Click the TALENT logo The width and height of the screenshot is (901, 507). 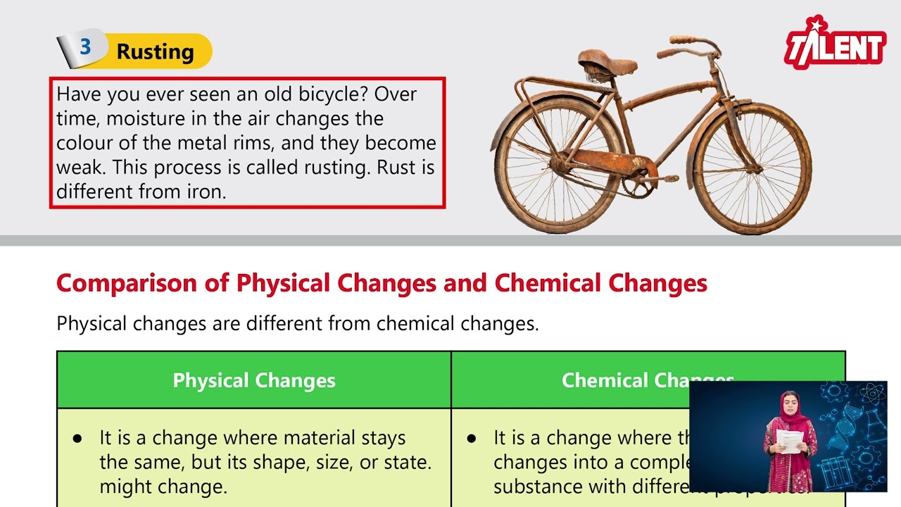pos(836,45)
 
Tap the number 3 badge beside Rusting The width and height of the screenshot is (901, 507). pos(85,48)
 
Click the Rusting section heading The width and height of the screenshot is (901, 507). pos(155,51)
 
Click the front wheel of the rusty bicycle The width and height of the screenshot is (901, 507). pos(753,168)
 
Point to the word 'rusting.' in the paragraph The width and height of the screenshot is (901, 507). pos(337,168)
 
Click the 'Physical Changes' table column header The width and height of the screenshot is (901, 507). pos(254,380)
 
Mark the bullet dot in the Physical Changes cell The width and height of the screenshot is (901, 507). pos(77,438)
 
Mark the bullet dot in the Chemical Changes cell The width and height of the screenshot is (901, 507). pos(472,438)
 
